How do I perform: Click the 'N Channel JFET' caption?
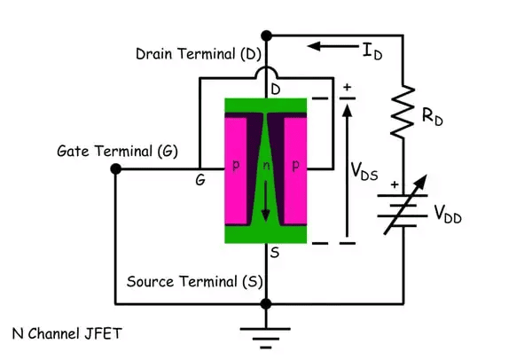(x=67, y=334)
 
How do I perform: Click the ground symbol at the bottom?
(x=266, y=334)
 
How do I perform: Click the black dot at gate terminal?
(x=115, y=168)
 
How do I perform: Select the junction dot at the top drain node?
(x=266, y=36)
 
